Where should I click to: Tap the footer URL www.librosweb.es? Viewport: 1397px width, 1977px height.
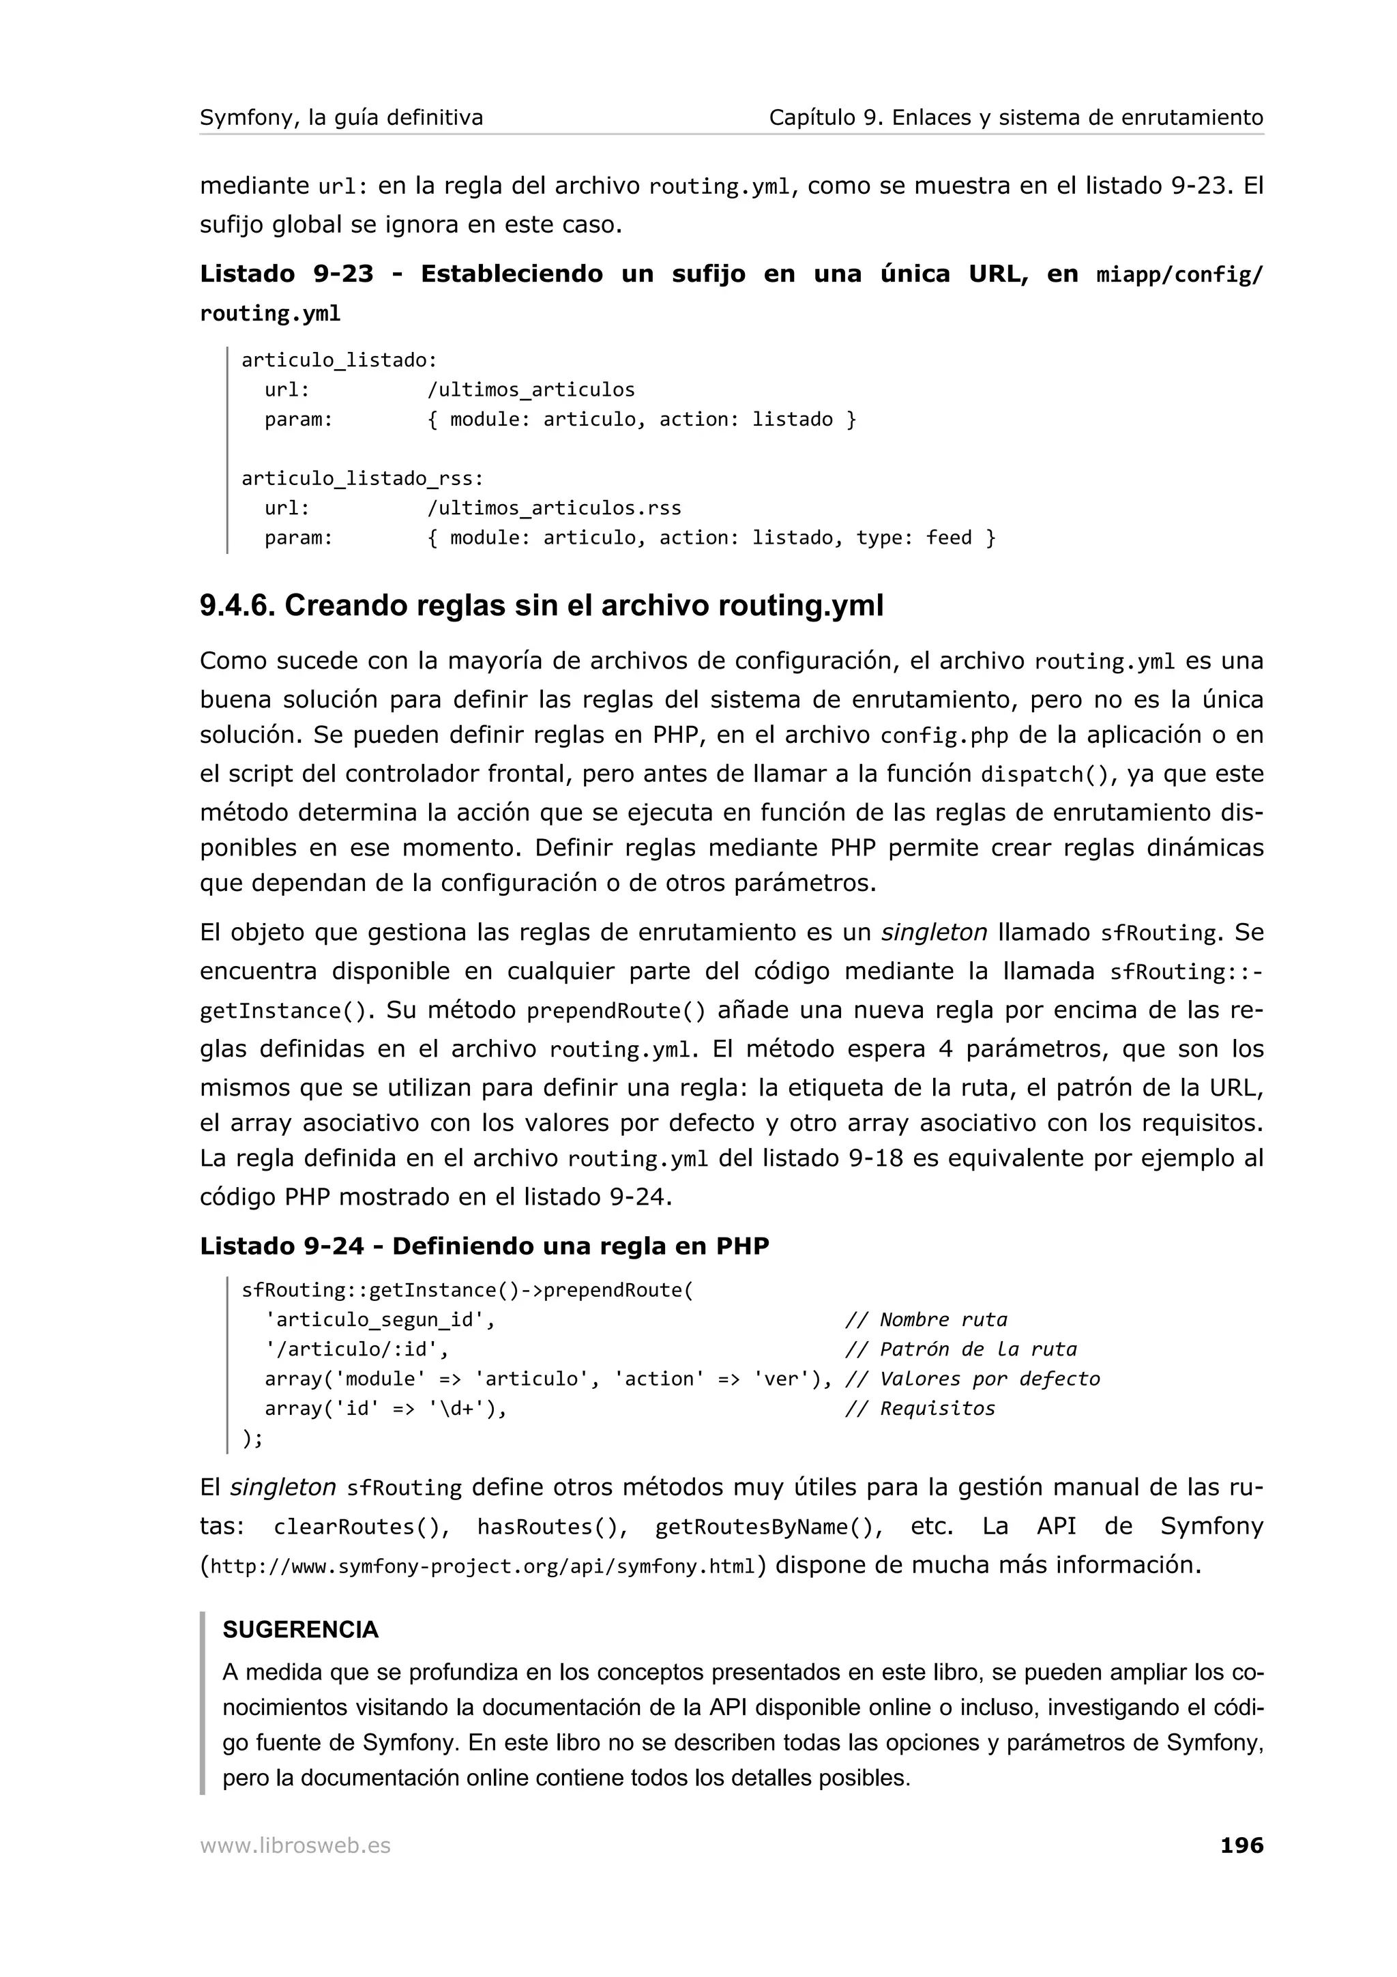[x=295, y=1845]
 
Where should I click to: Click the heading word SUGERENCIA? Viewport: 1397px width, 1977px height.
[x=300, y=1629]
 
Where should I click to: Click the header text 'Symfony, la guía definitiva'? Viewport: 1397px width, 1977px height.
[x=341, y=117]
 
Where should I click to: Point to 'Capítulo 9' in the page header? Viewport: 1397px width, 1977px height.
[x=822, y=117]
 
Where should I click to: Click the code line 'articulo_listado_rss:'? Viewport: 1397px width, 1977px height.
[x=362, y=478]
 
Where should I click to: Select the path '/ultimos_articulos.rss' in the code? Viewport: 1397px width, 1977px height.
[x=553, y=508]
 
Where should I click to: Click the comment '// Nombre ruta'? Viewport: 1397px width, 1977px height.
[x=926, y=1319]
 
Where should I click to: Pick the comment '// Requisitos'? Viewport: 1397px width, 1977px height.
[x=920, y=1408]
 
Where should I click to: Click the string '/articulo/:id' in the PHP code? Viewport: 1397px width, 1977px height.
[x=356, y=1349]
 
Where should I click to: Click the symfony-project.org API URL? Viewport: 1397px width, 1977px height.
[x=482, y=1566]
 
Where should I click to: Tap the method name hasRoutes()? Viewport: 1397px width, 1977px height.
[x=552, y=1527]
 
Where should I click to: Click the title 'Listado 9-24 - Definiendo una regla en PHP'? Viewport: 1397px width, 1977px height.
[x=484, y=1246]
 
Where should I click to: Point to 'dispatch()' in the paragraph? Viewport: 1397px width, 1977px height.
[x=1044, y=774]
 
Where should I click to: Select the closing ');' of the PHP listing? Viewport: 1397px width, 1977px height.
[x=252, y=1437]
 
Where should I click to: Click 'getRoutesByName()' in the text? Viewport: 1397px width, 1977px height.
[x=769, y=1527]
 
